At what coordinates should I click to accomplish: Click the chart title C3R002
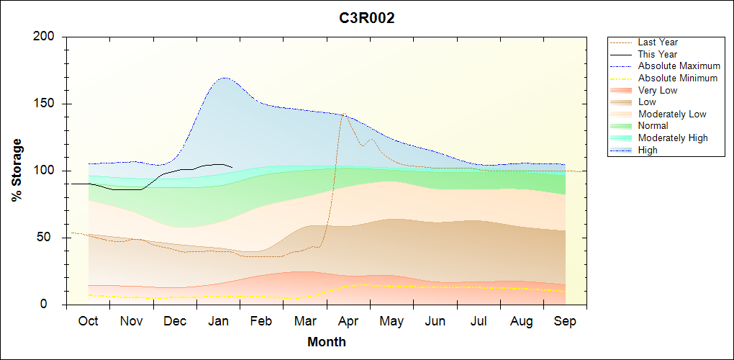tap(367, 19)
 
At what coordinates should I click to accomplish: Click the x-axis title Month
tap(326, 342)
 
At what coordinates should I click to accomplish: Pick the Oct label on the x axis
tap(88, 321)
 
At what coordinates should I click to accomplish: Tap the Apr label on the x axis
tap(348, 321)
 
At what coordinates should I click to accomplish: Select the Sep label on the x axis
tap(565, 321)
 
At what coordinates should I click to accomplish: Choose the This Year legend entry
tap(657, 54)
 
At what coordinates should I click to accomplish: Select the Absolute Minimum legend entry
tap(677, 78)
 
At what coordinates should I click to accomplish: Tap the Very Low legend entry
tap(657, 90)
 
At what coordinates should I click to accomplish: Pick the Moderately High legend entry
tap(673, 138)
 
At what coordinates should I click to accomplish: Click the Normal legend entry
tap(653, 126)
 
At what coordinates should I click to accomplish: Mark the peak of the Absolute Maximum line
tap(225, 78)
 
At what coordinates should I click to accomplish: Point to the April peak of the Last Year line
tap(344, 114)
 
